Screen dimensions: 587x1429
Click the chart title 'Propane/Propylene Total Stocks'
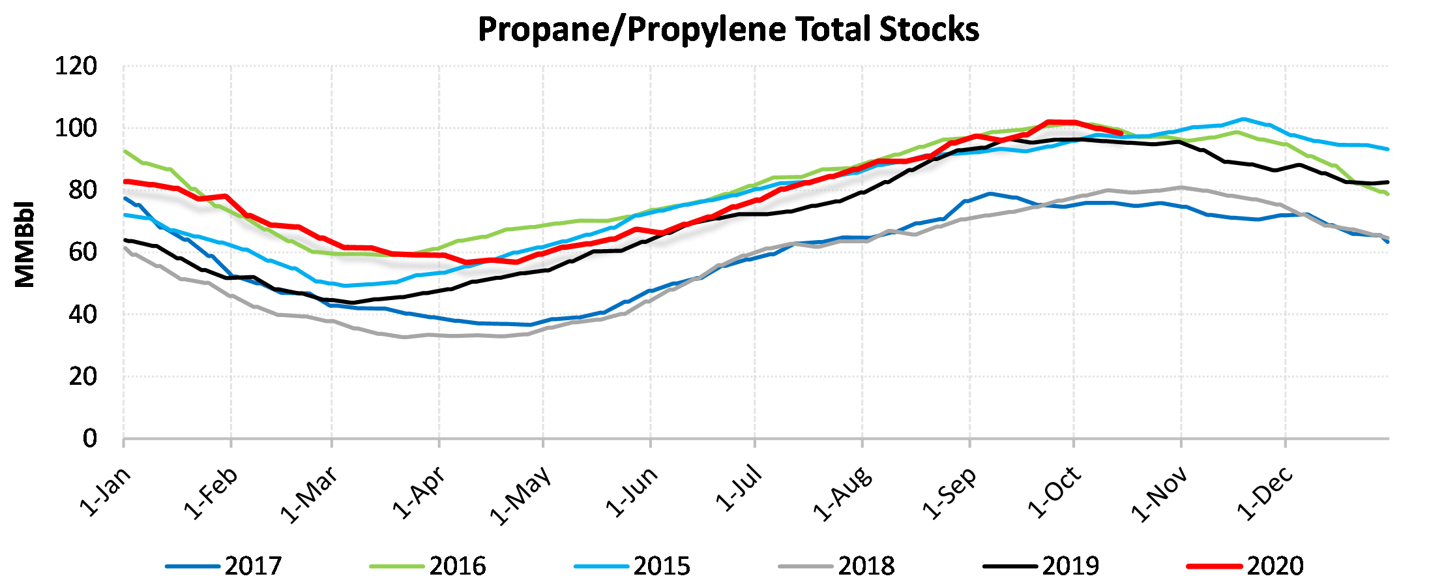[x=728, y=30]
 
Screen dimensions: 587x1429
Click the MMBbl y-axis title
[x=25, y=244]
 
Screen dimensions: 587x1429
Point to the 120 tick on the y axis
[x=76, y=67]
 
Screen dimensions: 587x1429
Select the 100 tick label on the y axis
[x=76, y=128]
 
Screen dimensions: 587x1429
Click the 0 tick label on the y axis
[x=89, y=439]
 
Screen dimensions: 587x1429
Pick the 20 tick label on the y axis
[x=82, y=377]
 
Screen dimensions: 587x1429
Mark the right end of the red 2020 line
[x=1121, y=133]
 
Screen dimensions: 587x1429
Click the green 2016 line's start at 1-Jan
[x=125, y=151]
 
